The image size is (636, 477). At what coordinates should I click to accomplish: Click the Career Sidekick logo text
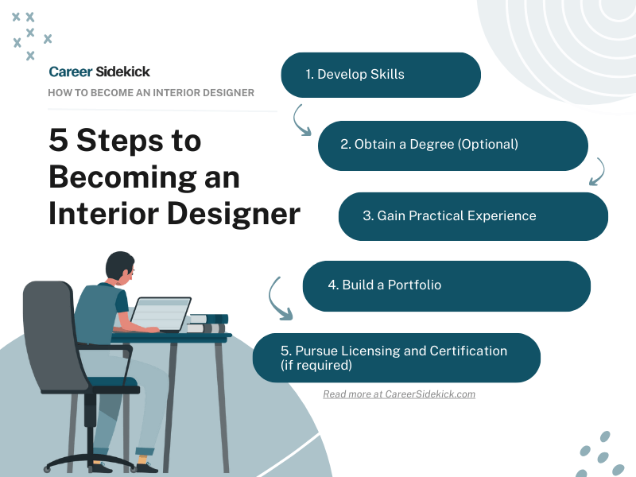click(99, 72)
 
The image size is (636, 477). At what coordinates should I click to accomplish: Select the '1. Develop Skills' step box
click(381, 75)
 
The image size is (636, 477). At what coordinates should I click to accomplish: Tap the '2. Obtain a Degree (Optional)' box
click(452, 145)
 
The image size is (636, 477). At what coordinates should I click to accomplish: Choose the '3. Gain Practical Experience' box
click(473, 215)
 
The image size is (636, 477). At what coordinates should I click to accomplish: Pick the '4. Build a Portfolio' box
click(446, 285)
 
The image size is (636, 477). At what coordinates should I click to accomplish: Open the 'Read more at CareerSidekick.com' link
click(399, 394)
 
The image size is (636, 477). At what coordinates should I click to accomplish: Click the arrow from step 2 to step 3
click(599, 171)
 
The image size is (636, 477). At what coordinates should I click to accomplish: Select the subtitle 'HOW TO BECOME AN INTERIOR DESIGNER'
click(151, 93)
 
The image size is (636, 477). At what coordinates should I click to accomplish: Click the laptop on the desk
click(161, 313)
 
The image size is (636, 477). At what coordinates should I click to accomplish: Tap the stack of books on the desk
click(207, 323)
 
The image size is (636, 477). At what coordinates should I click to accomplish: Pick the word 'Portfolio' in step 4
click(414, 285)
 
